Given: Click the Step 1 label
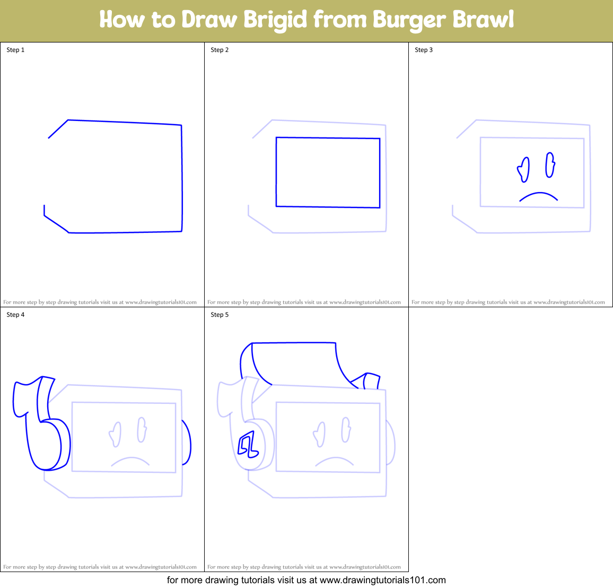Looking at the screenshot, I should tap(15, 50).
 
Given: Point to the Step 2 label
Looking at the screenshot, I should tap(220, 50).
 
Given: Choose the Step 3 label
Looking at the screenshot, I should tap(424, 50).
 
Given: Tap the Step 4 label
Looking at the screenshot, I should tap(15, 315).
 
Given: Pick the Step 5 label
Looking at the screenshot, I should tap(220, 315).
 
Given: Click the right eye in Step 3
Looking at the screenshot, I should tap(550, 166).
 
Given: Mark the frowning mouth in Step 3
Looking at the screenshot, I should tap(538, 196).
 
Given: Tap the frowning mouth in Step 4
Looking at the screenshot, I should tap(130, 461).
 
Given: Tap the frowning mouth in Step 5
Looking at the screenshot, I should tap(334, 461).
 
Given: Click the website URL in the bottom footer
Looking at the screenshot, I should tap(382, 580).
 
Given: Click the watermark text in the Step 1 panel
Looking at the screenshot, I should tap(100, 302).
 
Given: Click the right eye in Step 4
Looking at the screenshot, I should tap(142, 430).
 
